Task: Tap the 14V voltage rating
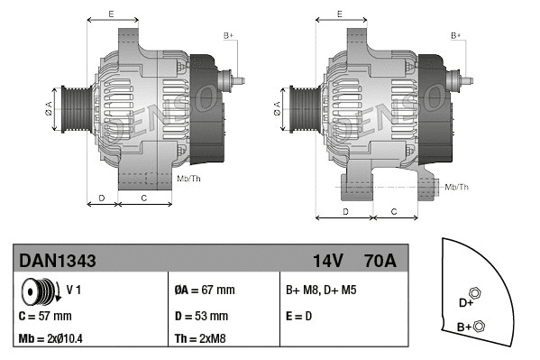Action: click(327, 261)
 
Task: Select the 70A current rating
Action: click(378, 261)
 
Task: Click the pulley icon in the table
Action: click(41, 292)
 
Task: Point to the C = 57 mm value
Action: click(45, 316)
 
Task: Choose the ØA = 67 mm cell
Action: click(204, 291)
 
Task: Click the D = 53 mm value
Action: click(200, 316)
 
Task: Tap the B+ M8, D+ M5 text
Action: click(322, 291)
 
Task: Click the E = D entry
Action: click(298, 316)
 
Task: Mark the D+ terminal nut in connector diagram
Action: click(477, 294)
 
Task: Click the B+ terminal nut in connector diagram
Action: click(480, 326)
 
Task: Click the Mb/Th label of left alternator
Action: click(189, 180)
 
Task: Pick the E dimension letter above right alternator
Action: click(338, 14)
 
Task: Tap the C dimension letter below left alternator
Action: click(145, 196)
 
